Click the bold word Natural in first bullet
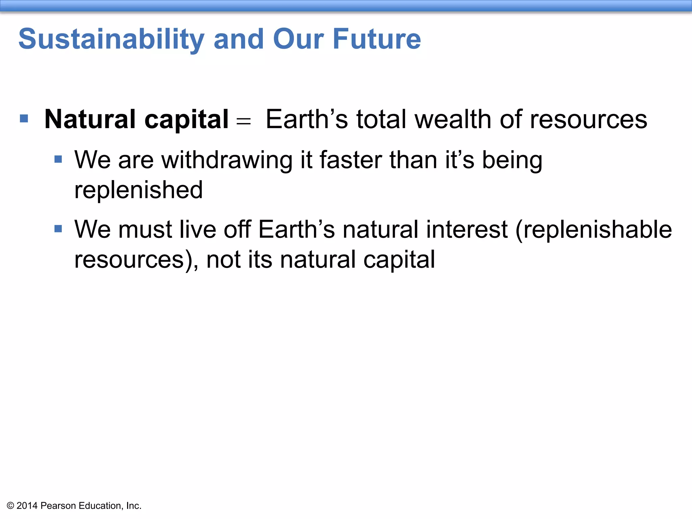click(90, 119)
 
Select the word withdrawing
click(227, 160)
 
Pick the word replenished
click(139, 190)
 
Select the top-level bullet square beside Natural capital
click(24, 119)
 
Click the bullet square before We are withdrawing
click(58, 159)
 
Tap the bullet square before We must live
click(58, 229)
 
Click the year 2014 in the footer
click(27, 506)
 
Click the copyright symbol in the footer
click(10, 506)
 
